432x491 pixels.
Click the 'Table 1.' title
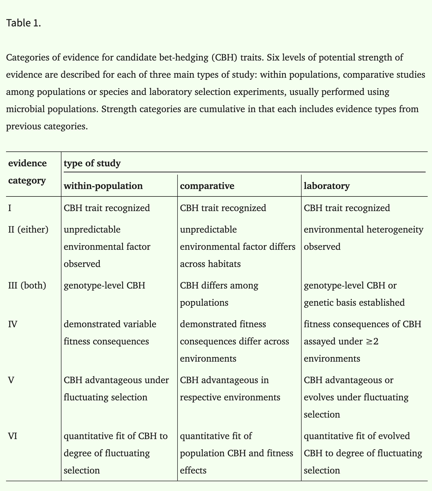pyautogui.click(x=24, y=23)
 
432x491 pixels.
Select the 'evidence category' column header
pyautogui.click(x=27, y=172)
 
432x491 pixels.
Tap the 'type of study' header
pyautogui.click(x=92, y=163)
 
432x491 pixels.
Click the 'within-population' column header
pyautogui.click(x=103, y=186)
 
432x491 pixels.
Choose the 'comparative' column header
pyautogui.click(x=207, y=186)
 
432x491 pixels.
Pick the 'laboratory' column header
pyautogui.click(x=327, y=186)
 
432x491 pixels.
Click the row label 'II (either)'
pyautogui.click(x=28, y=229)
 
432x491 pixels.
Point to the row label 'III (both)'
pyautogui.click(x=27, y=286)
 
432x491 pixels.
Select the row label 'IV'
pyautogui.click(x=13, y=324)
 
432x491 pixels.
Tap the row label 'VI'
pyautogui.click(x=13, y=436)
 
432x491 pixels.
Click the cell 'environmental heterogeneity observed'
pyautogui.click(x=363, y=238)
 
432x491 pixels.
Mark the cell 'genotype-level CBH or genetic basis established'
pyautogui.click(x=354, y=294)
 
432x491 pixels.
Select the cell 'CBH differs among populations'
pyautogui.click(x=219, y=294)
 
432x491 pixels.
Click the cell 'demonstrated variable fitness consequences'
pyautogui.click(x=110, y=333)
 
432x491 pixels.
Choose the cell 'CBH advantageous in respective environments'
pyautogui.click(x=230, y=389)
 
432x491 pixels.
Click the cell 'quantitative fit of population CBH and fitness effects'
pyautogui.click(x=236, y=453)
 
